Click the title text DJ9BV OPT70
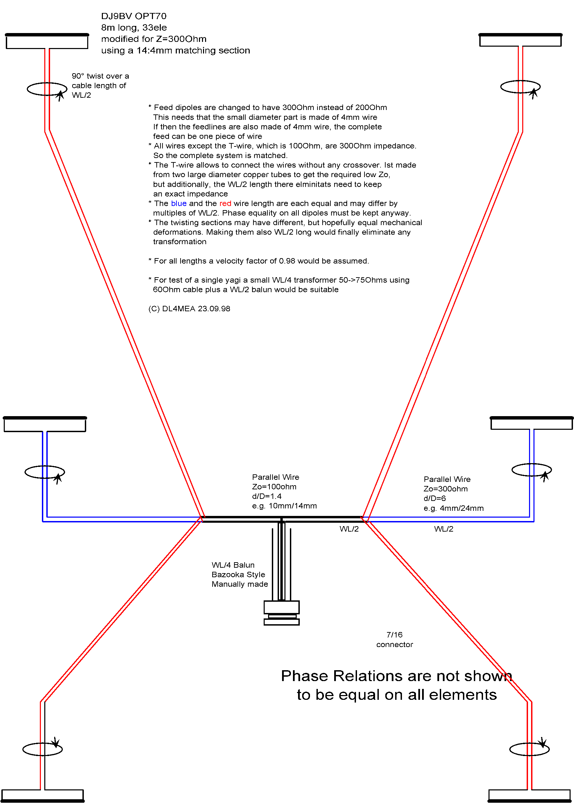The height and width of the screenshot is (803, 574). (134, 16)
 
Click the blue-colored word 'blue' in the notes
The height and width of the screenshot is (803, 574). (179, 204)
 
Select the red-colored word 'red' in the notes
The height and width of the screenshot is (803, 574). (225, 204)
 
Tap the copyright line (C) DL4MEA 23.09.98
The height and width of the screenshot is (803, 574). (189, 309)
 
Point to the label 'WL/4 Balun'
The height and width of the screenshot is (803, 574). (233, 565)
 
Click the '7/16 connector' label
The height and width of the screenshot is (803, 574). (394, 640)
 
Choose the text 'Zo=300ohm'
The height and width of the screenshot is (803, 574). (446, 489)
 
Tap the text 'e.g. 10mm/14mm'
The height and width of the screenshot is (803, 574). (284, 506)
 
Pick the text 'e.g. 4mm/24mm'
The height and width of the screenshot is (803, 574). (454, 508)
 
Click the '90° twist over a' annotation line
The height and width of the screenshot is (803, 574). (100, 76)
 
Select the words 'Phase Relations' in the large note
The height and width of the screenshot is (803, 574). (342, 676)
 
